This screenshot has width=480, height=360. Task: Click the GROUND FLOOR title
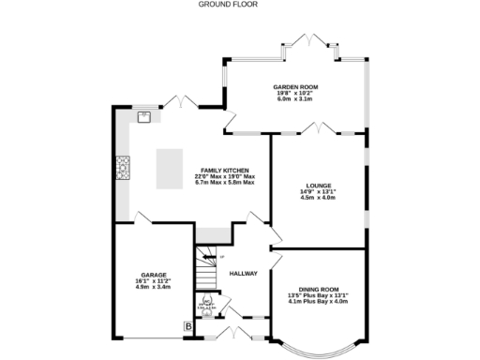pyautogui.click(x=228, y=5)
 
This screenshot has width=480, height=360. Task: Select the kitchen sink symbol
pyautogui.click(x=144, y=117)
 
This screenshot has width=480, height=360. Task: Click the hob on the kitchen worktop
pyautogui.click(x=121, y=167)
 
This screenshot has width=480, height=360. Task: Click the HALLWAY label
pyautogui.click(x=243, y=274)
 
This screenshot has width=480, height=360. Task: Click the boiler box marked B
pyautogui.click(x=187, y=326)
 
